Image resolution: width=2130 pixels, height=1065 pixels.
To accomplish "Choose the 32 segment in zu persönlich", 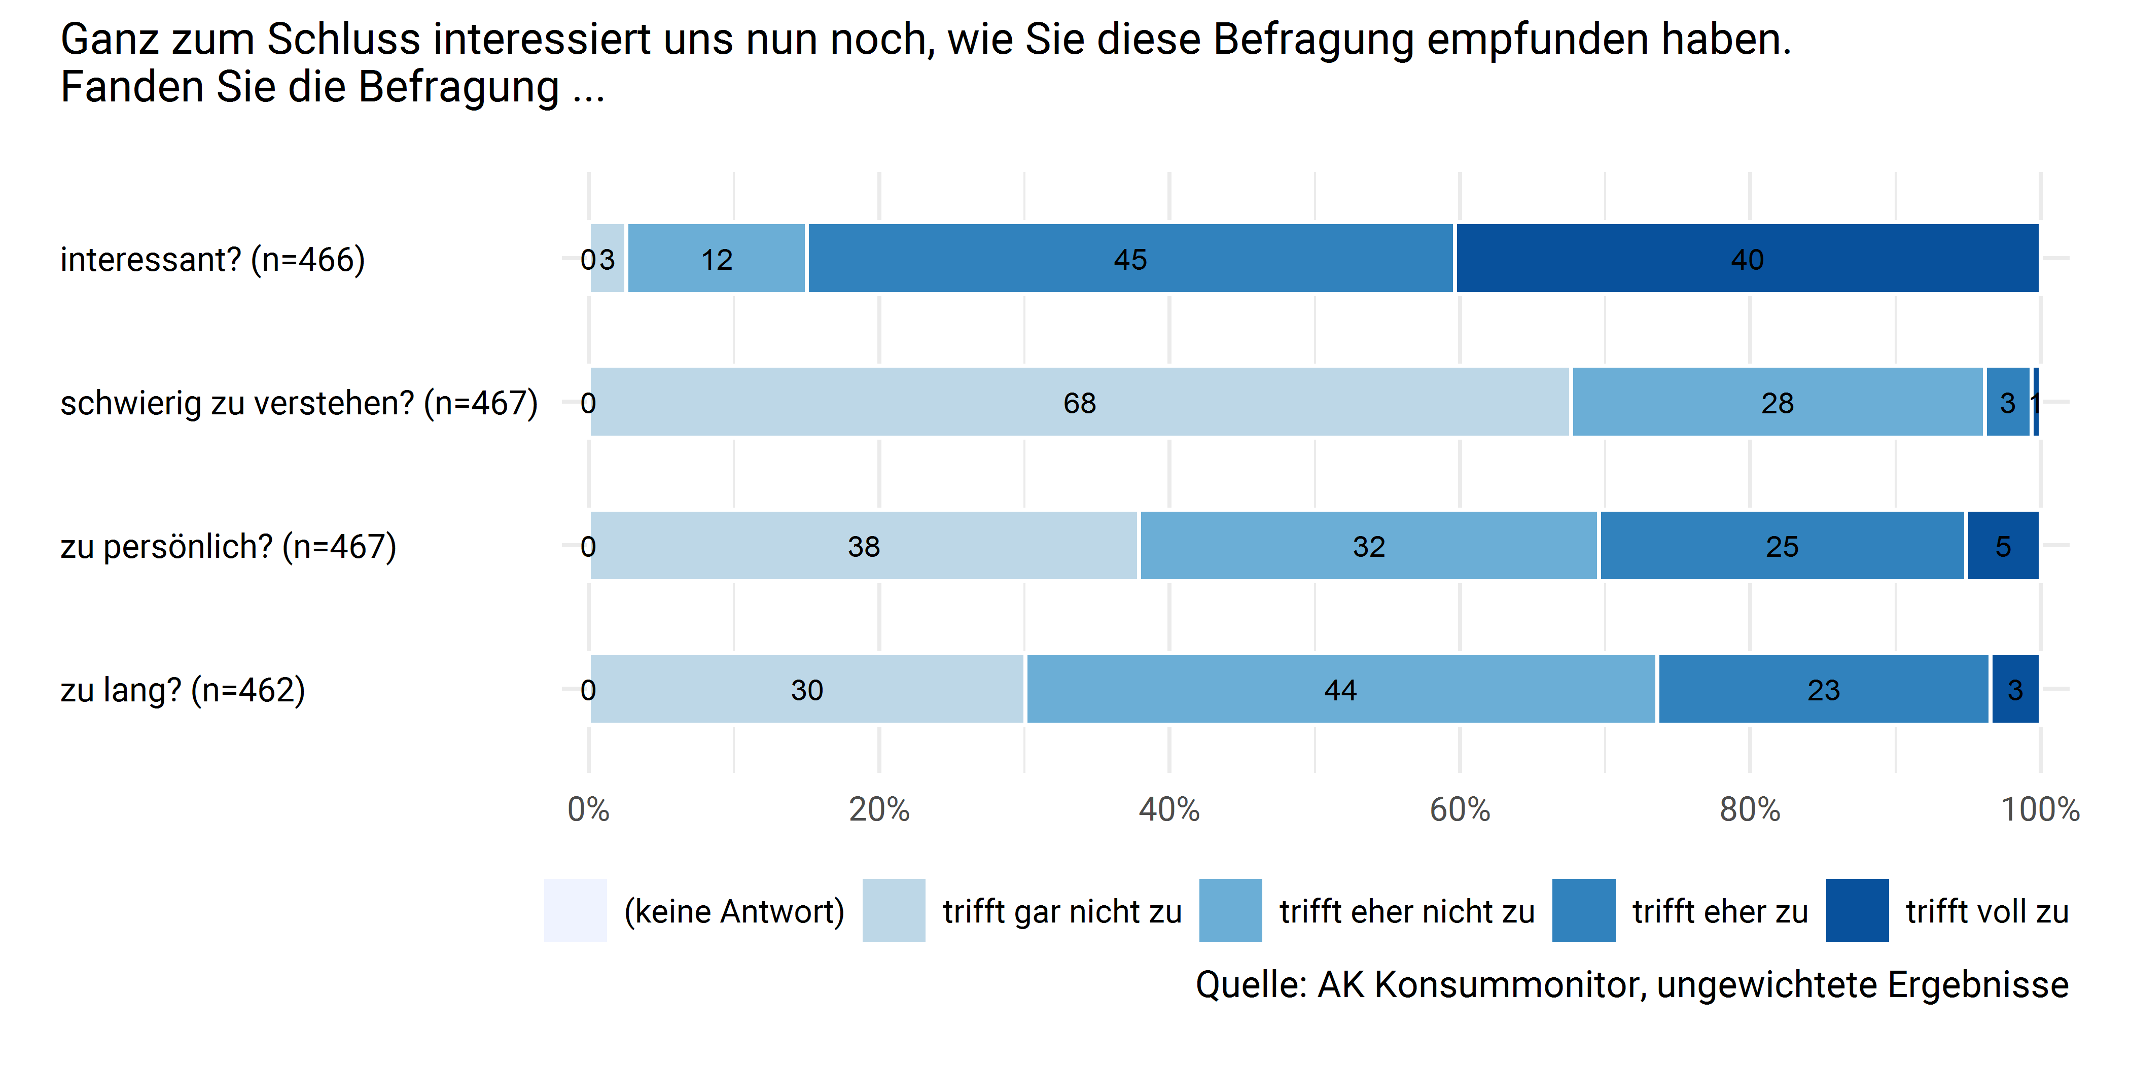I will [x=1368, y=546].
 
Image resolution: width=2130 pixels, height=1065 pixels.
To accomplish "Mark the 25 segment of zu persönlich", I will [x=1782, y=546].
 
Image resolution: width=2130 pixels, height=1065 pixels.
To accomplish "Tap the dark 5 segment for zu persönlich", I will [x=2003, y=546].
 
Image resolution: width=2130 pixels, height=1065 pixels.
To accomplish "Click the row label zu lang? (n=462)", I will [x=183, y=690].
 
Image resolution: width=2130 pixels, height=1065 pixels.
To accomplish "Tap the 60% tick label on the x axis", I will [x=1460, y=809].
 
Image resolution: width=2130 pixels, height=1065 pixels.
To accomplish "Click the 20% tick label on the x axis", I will [x=879, y=809].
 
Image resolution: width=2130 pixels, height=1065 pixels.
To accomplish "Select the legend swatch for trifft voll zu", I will [x=1857, y=910].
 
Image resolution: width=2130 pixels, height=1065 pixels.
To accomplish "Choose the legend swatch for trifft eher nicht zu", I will [x=1230, y=910].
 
